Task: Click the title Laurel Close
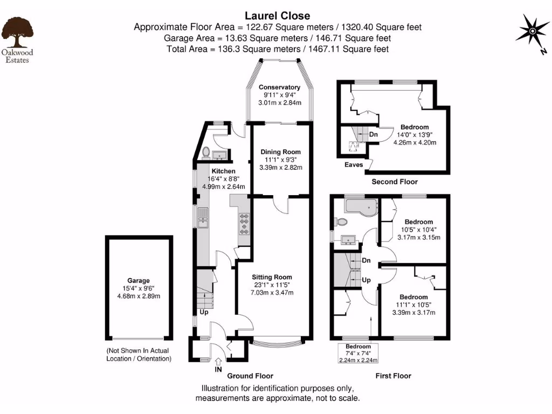(x=278, y=16)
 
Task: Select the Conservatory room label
(x=279, y=87)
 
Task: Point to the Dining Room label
(x=280, y=152)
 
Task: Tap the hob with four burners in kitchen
(x=244, y=224)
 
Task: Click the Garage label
(x=139, y=280)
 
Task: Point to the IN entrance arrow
(x=218, y=364)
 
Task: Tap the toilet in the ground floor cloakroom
(x=205, y=153)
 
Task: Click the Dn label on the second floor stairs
(x=373, y=134)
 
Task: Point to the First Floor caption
(x=393, y=376)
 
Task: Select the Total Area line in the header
(x=278, y=49)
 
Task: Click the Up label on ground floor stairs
(x=204, y=312)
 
